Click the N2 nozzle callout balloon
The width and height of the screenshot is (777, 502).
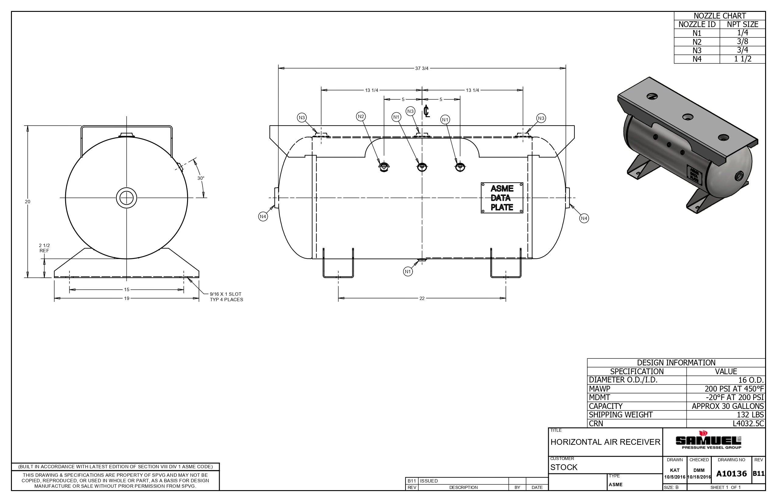pyautogui.click(x=361, y=116)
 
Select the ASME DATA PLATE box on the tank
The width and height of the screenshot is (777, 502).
pyautogui.click(x=502, y=198)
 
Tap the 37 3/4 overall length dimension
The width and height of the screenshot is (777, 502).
pyautogui.click(x=422, y=68)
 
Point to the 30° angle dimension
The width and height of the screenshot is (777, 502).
pyautogui.click(x=201, y=178)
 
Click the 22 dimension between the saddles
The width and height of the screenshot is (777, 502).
pyautogui.click(x=422, y=298)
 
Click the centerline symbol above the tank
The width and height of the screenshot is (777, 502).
pyautogui.click(x=426, y=111)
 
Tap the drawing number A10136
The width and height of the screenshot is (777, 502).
pyautogui.click(x=731, y=474)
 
